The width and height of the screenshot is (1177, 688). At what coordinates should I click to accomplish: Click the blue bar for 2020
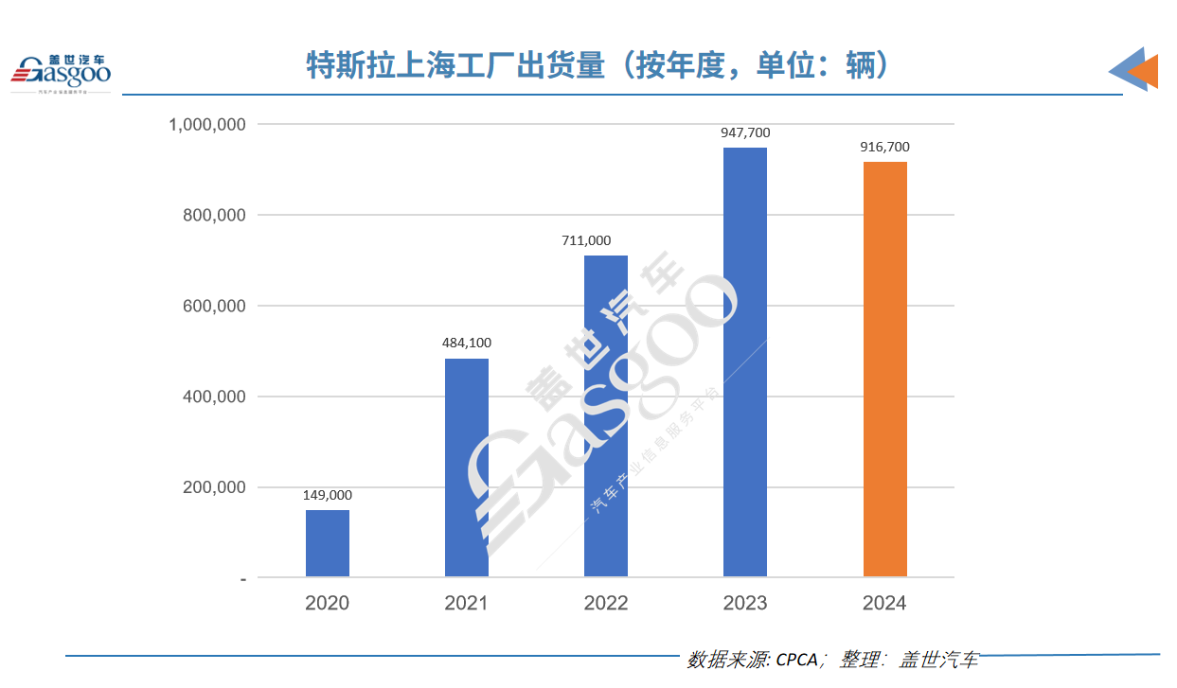coord(328,543)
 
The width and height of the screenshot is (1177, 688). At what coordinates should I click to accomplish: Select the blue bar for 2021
coord(467,467)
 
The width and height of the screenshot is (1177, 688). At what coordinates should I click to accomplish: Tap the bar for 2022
coord(606,415)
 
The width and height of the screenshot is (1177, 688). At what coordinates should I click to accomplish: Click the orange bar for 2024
coord(885,369)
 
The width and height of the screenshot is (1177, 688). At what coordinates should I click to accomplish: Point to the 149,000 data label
coord(328,495)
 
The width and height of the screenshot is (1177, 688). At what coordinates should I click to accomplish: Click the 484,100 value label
coord(467,343)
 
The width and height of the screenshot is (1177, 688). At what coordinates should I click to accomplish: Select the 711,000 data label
coord(586,240)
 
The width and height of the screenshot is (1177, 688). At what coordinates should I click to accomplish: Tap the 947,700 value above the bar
coord(745,132)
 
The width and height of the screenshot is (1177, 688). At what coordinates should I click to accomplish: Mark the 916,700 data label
coord(885,147)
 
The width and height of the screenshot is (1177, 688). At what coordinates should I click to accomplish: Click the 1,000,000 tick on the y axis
coord(207,125)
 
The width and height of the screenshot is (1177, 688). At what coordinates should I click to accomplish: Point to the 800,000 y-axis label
coord(214,216)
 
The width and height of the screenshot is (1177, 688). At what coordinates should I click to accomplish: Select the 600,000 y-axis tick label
coord(214,307)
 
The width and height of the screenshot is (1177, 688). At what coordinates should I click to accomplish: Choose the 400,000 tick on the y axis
coord(214,397)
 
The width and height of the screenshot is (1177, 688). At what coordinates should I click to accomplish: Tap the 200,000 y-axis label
coord(214,488)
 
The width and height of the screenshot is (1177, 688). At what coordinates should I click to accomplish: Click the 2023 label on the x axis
coord(745,603)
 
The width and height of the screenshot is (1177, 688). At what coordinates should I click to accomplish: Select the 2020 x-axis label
coord(328,603)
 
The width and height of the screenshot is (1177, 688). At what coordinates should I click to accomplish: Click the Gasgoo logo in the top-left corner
coord(61,72)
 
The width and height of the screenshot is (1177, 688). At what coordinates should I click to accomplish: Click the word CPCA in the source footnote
coord(796,660)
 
